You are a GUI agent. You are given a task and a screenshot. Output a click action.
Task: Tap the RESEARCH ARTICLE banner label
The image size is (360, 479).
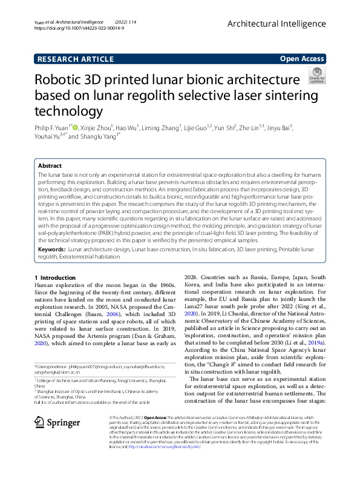75,59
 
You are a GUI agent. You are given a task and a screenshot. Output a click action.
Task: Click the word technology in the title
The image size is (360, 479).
68,111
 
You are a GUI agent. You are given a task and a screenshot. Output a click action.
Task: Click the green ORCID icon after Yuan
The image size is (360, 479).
75,128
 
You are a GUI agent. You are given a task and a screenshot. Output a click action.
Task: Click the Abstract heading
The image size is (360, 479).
50,165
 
